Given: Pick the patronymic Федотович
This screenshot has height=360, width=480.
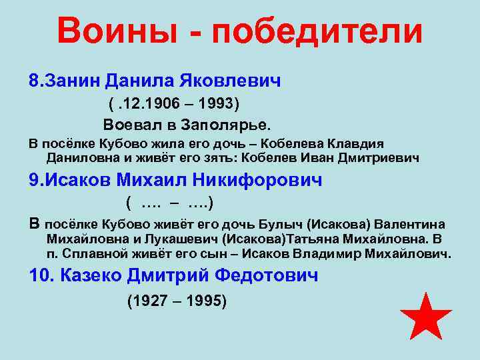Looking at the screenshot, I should [x=259, y=275].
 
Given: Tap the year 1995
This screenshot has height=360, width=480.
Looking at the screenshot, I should [x=205, y=301].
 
